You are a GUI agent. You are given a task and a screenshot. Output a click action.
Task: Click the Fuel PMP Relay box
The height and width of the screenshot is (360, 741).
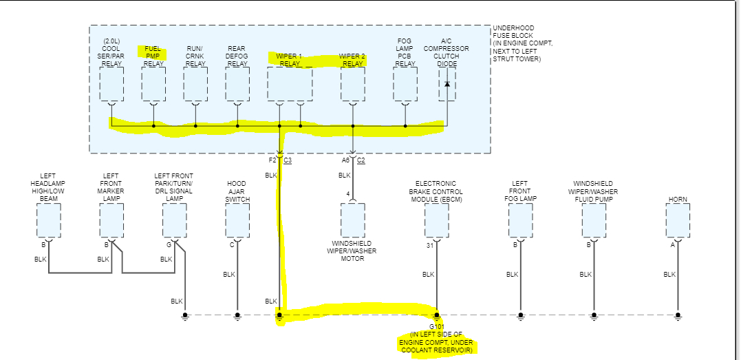pyautogui.click(x=153, y=84)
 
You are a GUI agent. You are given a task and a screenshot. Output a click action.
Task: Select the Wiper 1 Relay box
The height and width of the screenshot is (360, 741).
pyautogui.click(x=290, y=84)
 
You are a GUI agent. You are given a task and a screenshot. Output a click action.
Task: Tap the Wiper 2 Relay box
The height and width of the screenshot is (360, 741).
pyautogui.click(x=353, y=84)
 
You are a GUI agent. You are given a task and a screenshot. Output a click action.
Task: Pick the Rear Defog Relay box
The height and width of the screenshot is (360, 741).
pyautogui.click(x=237, y=84)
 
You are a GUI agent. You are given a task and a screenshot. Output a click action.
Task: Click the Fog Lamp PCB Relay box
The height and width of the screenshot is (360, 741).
pyautogui.click(x=405, y=84)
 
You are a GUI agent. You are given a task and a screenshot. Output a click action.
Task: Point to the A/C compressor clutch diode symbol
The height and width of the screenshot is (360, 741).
pyautogui.click(x=447, y=84)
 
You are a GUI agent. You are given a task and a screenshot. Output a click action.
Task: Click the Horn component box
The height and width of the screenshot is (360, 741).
pyautogui.click(x=678, y=220)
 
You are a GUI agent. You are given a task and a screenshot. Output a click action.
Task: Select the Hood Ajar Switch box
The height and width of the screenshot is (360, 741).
pyautogui.click(x=237, y=220)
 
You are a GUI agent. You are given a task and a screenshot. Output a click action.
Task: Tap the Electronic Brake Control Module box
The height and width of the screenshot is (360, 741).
pyautogui.click(x=437, y=220)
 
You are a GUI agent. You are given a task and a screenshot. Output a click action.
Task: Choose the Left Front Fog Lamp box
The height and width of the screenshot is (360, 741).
pyautogui.click(x=521, y=220)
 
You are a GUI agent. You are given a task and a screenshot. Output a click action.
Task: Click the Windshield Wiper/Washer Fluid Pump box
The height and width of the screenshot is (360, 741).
pyautogui.click(x=594, y=220)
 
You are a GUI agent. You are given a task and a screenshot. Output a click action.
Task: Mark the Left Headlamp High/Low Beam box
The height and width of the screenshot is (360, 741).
pyautogui.click(x=49, y=220)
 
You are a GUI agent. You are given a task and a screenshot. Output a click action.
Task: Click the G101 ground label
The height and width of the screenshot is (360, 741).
pyautogui.click(x=437, y=326)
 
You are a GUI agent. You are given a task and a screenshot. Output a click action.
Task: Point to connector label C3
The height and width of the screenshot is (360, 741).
pyautogui.click(x=288, y=160)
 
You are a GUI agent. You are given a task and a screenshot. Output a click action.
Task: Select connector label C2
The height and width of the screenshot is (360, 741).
pyautogui.click(x=361, y=160)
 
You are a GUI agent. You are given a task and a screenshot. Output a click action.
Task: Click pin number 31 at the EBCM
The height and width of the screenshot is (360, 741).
pyautogui.click(x=430, y=244)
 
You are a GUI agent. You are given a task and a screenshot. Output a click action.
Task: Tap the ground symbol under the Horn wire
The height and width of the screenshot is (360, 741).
pyautogui.click(x=678, y=317)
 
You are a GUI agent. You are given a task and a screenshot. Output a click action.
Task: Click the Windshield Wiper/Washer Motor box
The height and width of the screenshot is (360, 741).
pyautogui.click(x=353, y=220)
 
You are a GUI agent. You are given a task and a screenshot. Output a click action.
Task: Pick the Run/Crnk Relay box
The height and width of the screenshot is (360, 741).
pyautogui.click(x=195, y=84)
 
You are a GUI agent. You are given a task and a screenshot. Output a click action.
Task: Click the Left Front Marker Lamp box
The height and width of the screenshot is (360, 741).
pyautogui.click(x=111, y=220)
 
